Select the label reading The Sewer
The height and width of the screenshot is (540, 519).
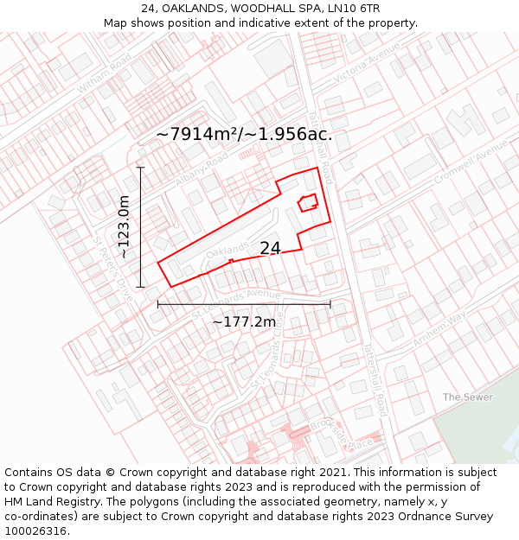click(x=467, y=397)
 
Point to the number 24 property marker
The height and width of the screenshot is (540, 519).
click(x=270, y=248)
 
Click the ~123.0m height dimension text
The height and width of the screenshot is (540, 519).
click(x=125, y=227)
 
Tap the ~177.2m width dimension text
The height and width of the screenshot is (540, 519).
click(x=244, y=321)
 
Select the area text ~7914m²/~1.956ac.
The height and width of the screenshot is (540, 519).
click(x=244, y=134)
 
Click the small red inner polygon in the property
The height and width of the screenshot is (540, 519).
click(x=307, y=203)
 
